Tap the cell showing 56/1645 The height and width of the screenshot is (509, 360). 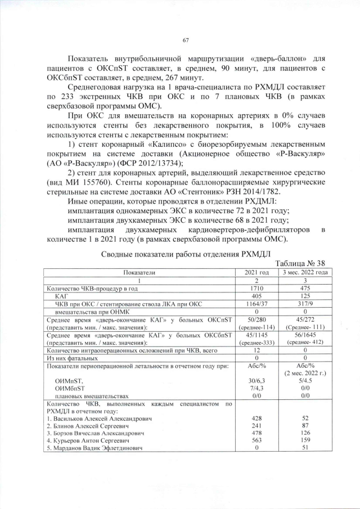[304, 334]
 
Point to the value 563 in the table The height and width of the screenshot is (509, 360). [256, 441]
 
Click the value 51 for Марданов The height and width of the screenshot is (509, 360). [304, 448]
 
